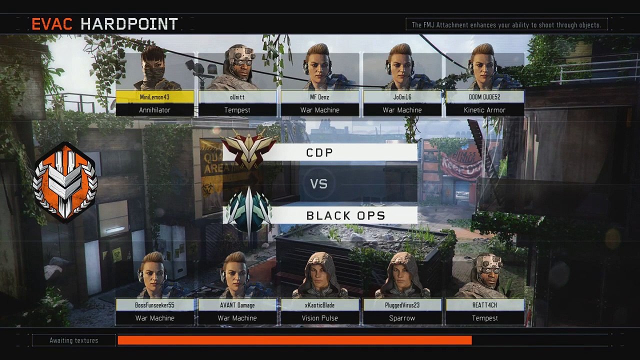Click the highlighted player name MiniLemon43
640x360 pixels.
[x=154, y=97]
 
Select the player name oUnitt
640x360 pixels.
[x=237, y=97]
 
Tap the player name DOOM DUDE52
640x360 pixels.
[x=484, y=97]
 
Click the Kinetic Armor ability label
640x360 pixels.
[x=484, y=110]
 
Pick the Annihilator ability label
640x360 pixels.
[x=154, y=110]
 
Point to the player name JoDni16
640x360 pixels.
[x=402, y=97]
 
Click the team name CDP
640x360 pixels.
[x=319, y=152]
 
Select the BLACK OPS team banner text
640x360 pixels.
[x=345, y=215]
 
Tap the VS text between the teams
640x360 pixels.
[x=319, y=183]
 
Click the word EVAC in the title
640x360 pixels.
[x=52, y=24]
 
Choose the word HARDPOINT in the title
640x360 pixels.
[x=129, y=24]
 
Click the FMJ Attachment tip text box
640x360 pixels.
[x=506, y=24]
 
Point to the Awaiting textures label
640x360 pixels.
[x=73, y=340]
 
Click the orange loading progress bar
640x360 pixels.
[x=295, y=340]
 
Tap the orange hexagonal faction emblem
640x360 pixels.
[x=65, y=182]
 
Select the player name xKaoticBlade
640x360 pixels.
[x=319, y=305]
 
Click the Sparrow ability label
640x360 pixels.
[x=402, y=318]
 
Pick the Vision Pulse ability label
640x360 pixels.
[x=319, y=318]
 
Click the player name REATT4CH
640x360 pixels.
[x=484, y=305]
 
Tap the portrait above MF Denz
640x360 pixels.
[x=319, y=67]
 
